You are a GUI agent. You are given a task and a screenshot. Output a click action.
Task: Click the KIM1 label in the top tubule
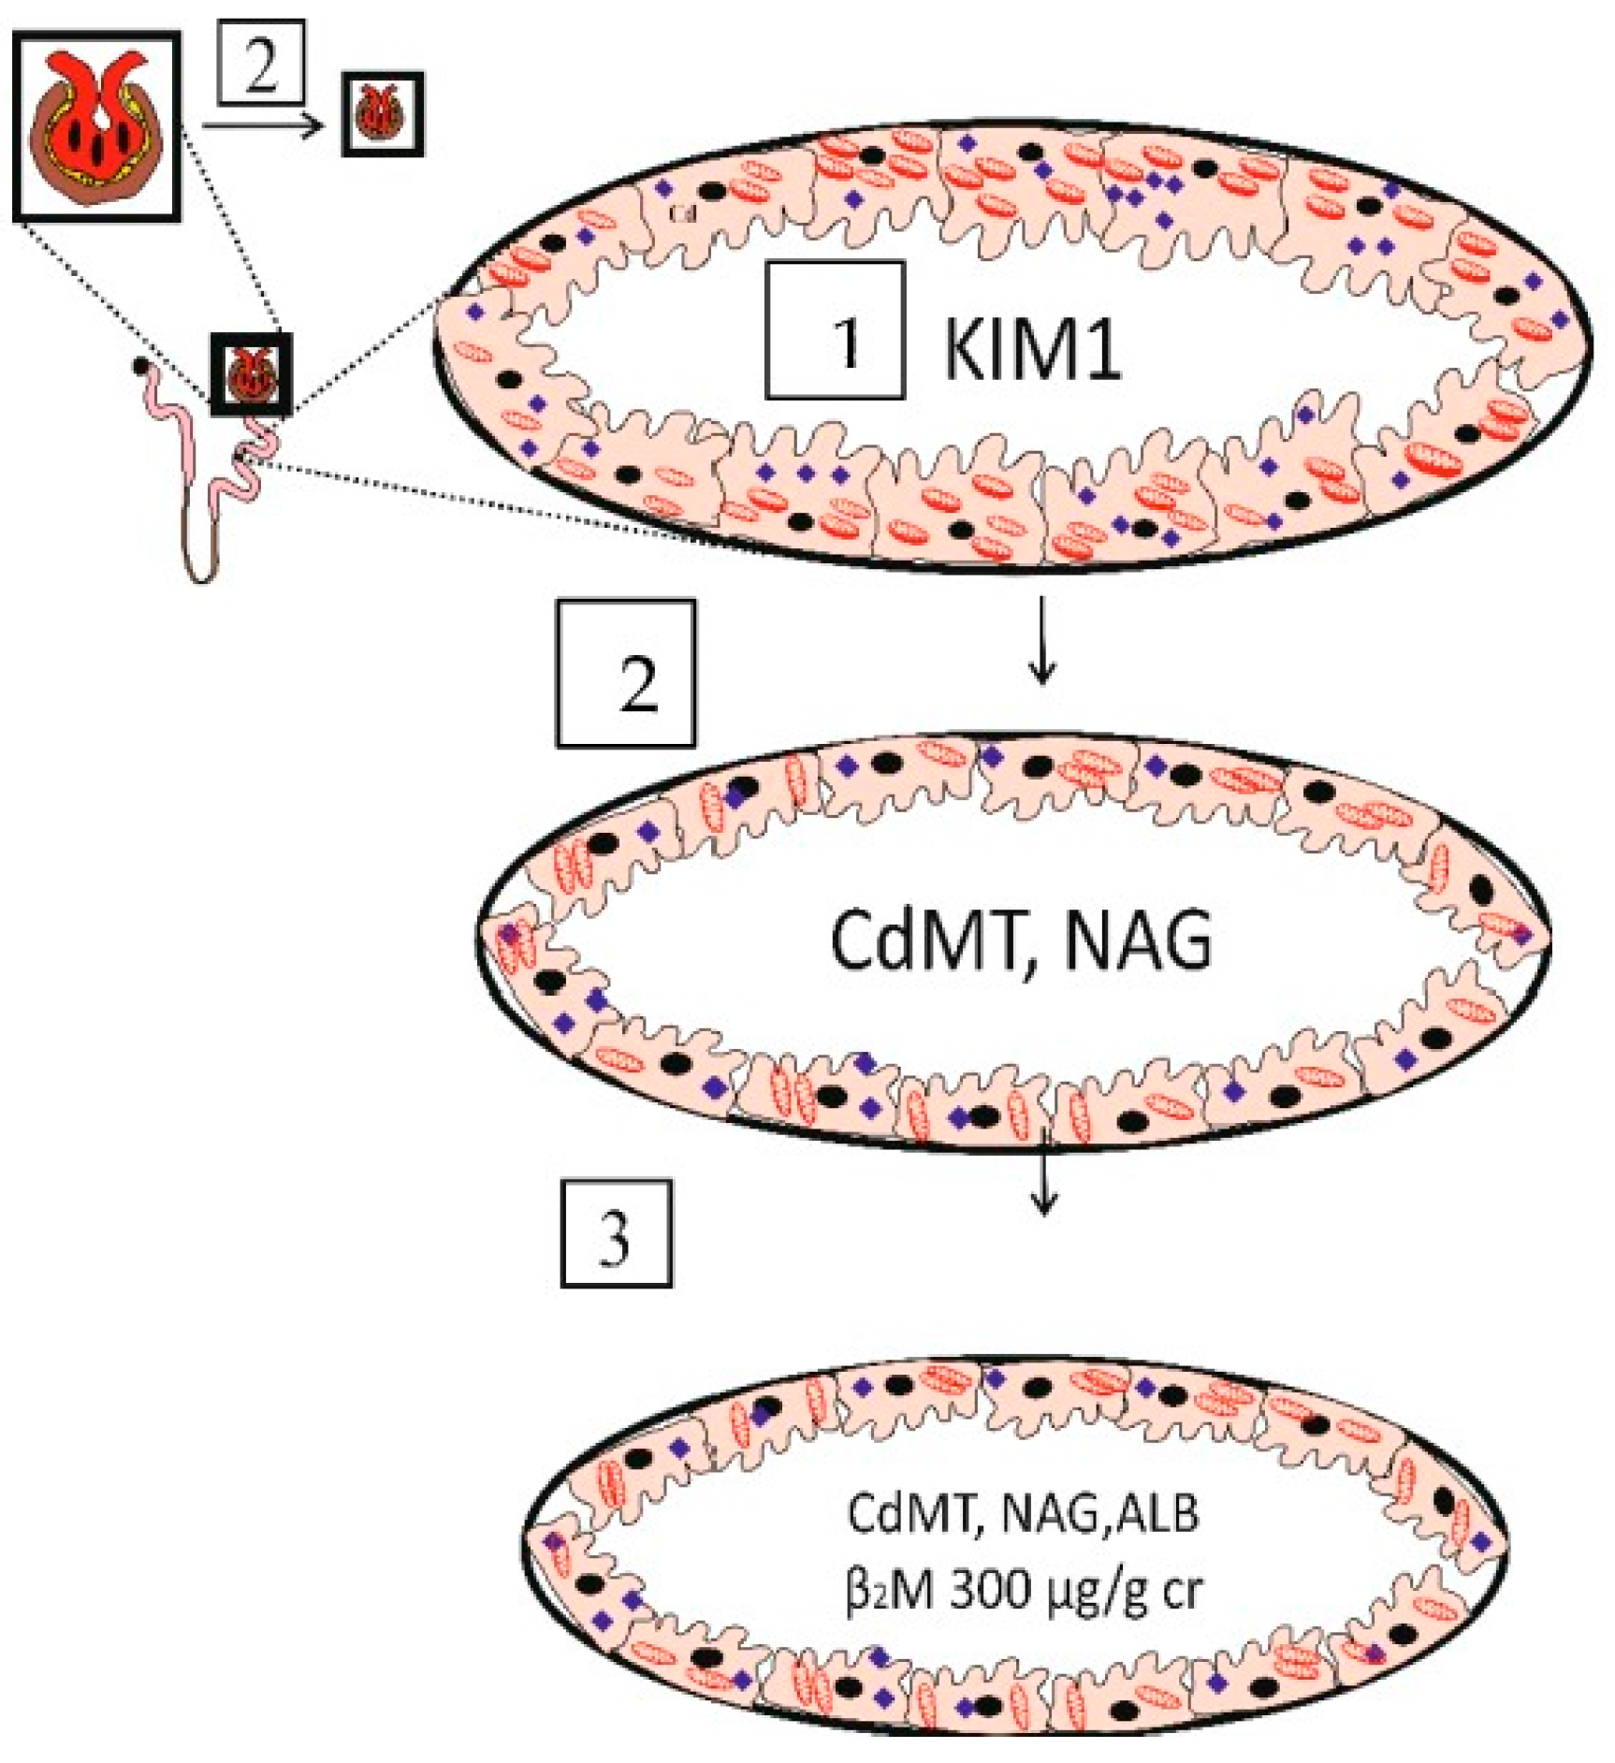tap(1031, 348)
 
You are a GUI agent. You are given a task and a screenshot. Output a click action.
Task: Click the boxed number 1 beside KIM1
tap(835, 330)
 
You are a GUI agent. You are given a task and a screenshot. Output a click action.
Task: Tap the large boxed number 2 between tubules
tap(625, 673)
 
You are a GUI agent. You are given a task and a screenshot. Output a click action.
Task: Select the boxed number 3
tap(616, 1232)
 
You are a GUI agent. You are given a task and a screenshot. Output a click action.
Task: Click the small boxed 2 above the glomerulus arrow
tap(261, 63)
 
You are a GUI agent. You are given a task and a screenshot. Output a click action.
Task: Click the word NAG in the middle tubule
tap(1137, 940)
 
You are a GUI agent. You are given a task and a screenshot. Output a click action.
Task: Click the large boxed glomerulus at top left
tap(96, 126)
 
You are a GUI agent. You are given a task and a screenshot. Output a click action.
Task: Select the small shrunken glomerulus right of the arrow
tap(382, 113)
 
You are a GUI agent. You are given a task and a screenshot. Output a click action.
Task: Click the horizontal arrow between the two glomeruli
tap(262, 124)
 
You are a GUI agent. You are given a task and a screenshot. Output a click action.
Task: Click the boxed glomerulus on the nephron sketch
tap(251, 373)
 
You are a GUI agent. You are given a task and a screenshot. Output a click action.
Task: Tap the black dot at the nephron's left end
tap(140, 366)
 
